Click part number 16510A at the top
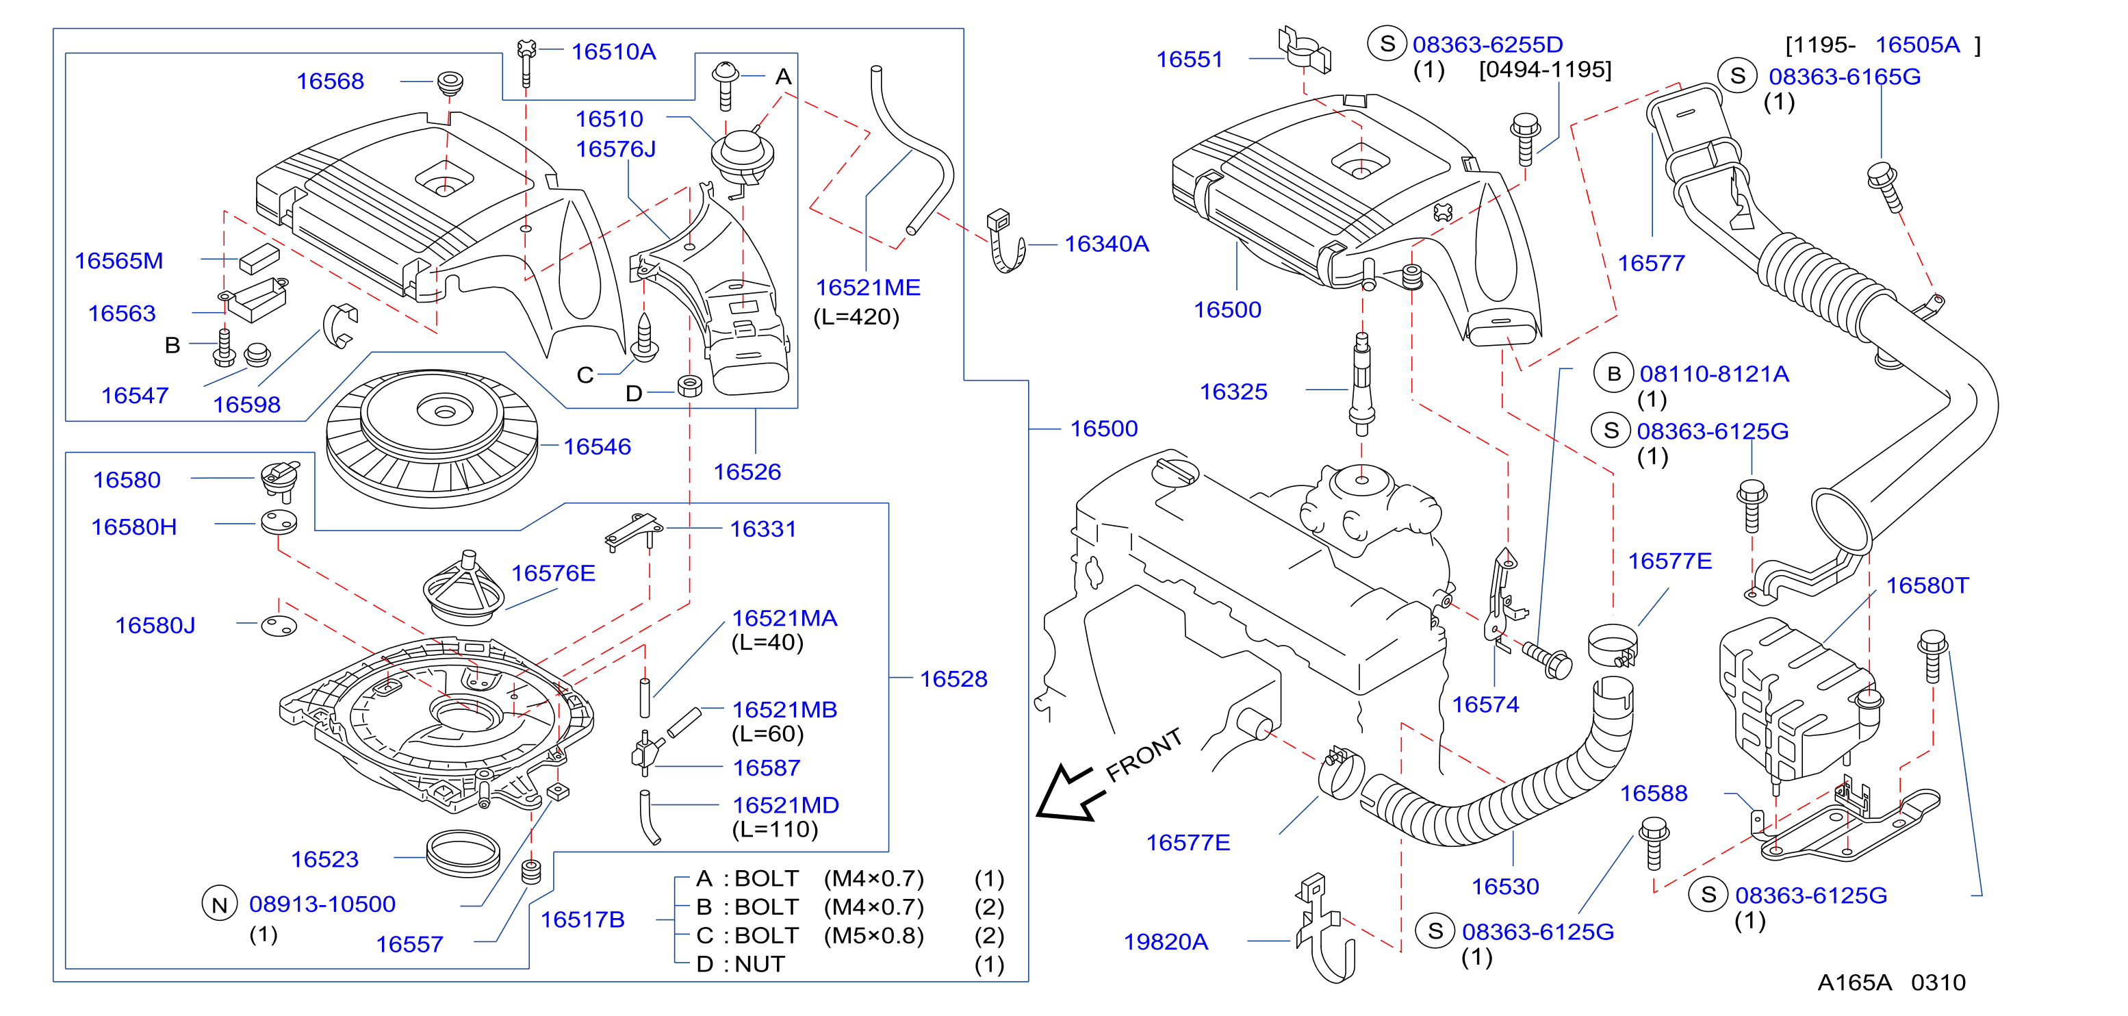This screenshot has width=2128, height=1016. (x=613, y=51)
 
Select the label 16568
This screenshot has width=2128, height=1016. (x=330, y=81)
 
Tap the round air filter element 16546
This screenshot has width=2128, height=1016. (x=432, y=439)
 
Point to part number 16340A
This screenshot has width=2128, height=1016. (x=1106, y=244)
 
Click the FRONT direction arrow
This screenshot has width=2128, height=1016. (x=1071, y=793)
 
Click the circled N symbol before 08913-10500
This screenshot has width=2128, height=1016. (x=220, y=904)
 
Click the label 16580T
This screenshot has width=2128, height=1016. (x=1927, y=585)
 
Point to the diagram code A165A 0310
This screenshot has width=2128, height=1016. (x=1891, y=982)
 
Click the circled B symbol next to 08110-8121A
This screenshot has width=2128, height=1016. (x=1613, y=374)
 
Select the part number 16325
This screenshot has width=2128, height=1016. (x=1233, y=392)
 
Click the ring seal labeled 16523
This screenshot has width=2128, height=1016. (x=463, y=853)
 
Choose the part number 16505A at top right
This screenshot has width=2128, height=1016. (x=1917, y=45)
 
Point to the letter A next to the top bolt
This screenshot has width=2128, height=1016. (x=783, y=77)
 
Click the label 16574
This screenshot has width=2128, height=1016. (x=1485, y=704)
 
